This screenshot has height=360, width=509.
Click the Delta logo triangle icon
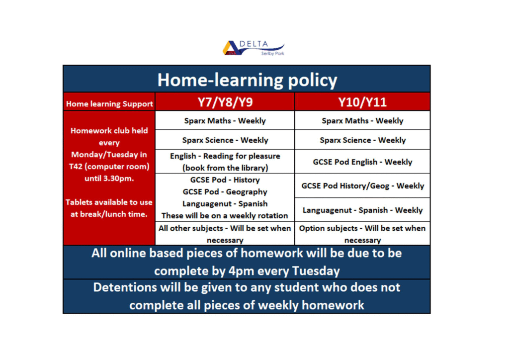click(231, 48)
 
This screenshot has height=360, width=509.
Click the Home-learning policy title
click(248, 80)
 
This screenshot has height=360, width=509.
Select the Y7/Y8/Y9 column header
click(225, 102)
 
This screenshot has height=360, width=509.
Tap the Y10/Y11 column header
click(362, 102)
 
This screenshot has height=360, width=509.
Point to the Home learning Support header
click(109, 104)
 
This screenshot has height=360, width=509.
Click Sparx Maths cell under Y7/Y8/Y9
click(225, 121)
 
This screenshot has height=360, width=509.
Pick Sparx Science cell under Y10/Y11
click(362, 140)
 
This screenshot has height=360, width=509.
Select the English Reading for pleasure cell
click(225, 162)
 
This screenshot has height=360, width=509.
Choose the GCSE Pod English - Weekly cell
click(362, 162)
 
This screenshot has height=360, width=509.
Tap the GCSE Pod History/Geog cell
click(362, 185)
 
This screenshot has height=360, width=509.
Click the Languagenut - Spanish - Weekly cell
click(362, 210)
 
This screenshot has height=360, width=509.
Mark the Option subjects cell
click(362, 234)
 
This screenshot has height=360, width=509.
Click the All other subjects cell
click(225, 234)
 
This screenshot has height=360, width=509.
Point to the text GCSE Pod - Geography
click(225, 192)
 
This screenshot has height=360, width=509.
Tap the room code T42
click(76, 167)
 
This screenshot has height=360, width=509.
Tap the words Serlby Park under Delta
click(273, 53)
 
